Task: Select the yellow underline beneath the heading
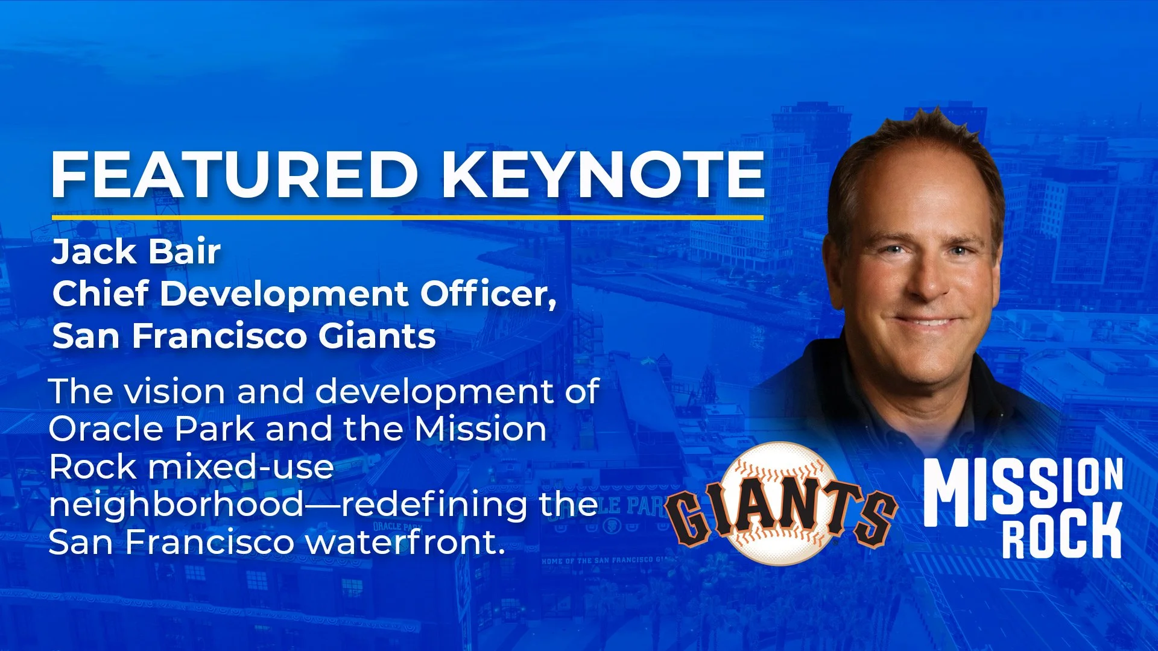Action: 408,217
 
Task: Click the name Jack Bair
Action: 136,251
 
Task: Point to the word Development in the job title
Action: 284,295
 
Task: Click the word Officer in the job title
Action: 488,294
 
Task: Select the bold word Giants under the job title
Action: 377,336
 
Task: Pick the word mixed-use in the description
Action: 241,468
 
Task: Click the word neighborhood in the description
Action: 177,505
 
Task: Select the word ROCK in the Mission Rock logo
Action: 1062,531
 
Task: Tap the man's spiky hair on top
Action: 917,136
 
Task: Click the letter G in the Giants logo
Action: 689,517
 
